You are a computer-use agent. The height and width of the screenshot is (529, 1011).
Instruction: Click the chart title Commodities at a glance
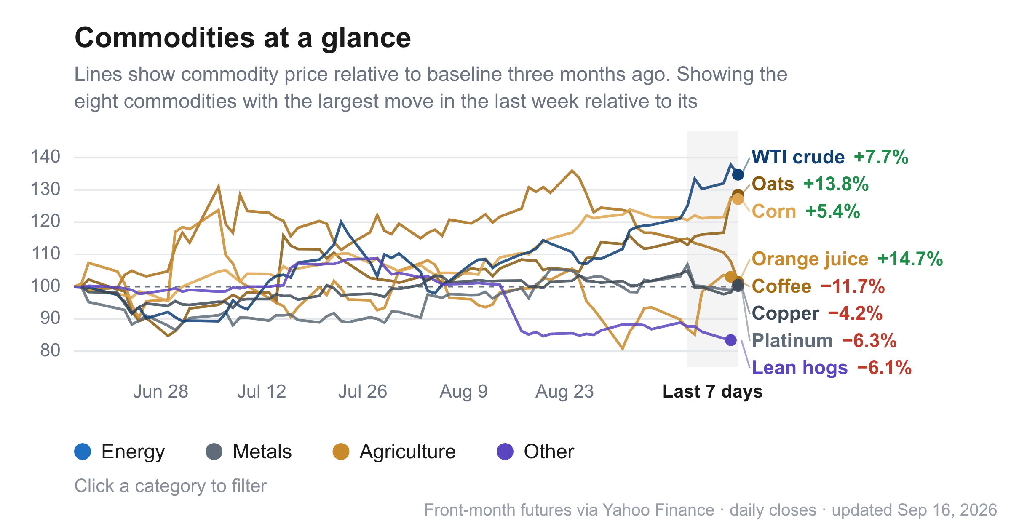(x=243, y=38)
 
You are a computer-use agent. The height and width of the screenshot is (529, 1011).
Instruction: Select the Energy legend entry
(x=120, y=452)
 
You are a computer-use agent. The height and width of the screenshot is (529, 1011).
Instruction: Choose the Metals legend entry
(x=249, y=452)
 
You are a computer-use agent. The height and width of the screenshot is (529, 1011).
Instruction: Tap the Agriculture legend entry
(x=394, y=452)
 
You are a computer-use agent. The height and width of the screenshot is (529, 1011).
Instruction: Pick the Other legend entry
(x=535, y=452)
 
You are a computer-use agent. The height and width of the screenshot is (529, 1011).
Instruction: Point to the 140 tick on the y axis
(x=45, y=157)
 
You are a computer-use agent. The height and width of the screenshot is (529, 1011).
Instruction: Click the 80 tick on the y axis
(x=50, y=350)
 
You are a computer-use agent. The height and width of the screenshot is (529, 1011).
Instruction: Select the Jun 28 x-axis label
(x=160, y=392)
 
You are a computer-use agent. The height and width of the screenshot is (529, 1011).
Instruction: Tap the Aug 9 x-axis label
(x=464, y=392)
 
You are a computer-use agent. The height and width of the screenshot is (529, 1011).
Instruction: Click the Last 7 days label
(x=713, y=392)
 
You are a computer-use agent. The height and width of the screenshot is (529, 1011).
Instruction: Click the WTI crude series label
(x=798, y=157)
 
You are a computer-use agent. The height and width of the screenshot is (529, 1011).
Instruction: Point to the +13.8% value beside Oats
(x=836, y=184)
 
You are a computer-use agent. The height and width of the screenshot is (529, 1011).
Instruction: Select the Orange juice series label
(x=810, y=259)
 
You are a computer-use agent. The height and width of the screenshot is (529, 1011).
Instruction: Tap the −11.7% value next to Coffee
(x=853, y=286)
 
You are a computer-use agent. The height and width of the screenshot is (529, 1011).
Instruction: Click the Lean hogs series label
(x=800, y=368)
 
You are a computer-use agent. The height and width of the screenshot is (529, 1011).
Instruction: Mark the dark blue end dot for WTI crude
(x=738, y=174)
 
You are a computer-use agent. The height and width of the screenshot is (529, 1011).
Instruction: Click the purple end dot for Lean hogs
(x=731, y=340)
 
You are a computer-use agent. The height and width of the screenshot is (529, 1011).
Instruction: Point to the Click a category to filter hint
(x=171, y=486)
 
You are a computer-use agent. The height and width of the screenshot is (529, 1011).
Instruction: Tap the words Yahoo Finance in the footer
(x=658, y=510)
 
